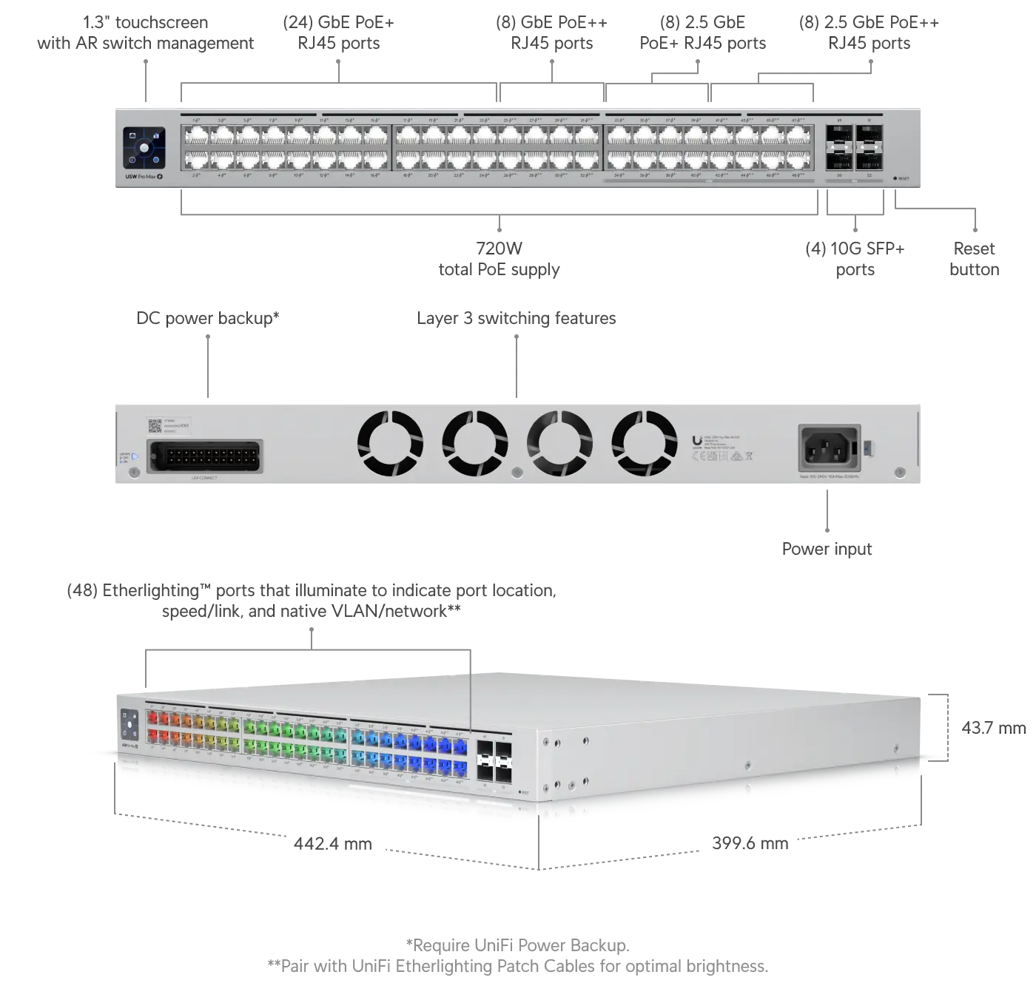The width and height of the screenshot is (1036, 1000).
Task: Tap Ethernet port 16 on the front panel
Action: click(375, 160)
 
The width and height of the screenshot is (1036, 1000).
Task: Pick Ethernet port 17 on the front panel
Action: click(408, 136)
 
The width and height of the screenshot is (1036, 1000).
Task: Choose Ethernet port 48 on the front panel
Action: click(798, 160)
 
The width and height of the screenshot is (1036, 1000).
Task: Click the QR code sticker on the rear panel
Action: click(155, 425)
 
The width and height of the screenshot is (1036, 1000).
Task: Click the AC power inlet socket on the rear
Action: click(829, 447)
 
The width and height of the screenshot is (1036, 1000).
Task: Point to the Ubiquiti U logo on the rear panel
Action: click(697, 440)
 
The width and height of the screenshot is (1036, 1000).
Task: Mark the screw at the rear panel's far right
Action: click(899, 472)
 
